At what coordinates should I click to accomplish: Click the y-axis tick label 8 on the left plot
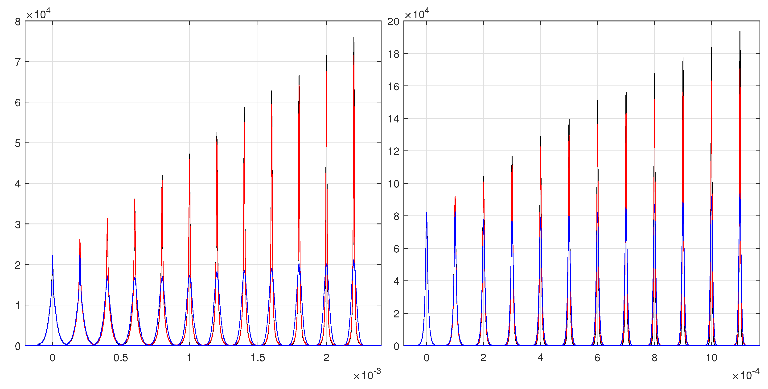tap(18, 22)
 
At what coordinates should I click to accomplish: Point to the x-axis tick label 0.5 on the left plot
tap(121, 358)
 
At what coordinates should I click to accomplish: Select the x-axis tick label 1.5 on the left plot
tap(258, 358)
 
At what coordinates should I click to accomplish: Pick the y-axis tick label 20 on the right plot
tap(393, 22)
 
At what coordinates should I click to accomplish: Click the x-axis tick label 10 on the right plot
tap(711, 358)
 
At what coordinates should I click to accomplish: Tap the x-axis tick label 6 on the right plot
tap(597, 358)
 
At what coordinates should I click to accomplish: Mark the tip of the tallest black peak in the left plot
tap(354, 37)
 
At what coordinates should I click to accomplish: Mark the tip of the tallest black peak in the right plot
tap(740, 31)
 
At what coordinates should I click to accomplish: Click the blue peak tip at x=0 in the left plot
tap(53, 255)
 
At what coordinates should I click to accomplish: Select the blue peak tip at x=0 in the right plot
tap(427, 213)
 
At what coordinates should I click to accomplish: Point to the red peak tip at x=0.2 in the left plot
tap(80, 239)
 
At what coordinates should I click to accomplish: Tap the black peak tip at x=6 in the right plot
tap(597, 101)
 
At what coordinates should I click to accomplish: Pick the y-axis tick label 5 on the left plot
tap(18, 143)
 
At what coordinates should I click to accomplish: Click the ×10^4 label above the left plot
tap(38, 14)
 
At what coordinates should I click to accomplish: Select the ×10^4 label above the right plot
tap(417, 14)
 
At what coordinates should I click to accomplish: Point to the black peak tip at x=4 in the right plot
tap(541, 137)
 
